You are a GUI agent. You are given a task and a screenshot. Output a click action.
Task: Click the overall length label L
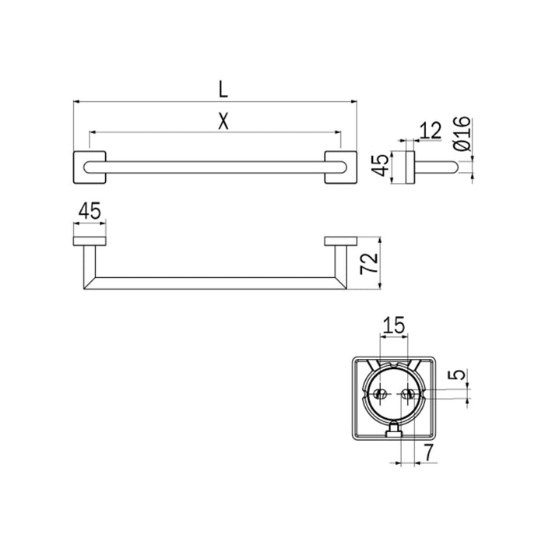point(223,89)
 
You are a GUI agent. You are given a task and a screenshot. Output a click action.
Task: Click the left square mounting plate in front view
point(90,167)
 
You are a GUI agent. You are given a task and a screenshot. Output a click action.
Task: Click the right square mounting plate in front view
point(340,167)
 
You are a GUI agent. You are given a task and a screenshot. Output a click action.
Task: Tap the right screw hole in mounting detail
point(406,395)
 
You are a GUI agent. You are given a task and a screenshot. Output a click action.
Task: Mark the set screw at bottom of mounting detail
point(393,429)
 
